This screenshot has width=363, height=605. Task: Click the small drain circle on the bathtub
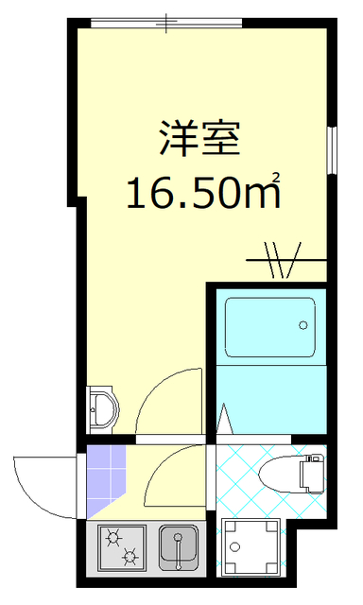click(302, 324)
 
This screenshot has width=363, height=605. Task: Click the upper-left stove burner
click(115, 538)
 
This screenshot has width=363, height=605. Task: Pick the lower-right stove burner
click(133, 557)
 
